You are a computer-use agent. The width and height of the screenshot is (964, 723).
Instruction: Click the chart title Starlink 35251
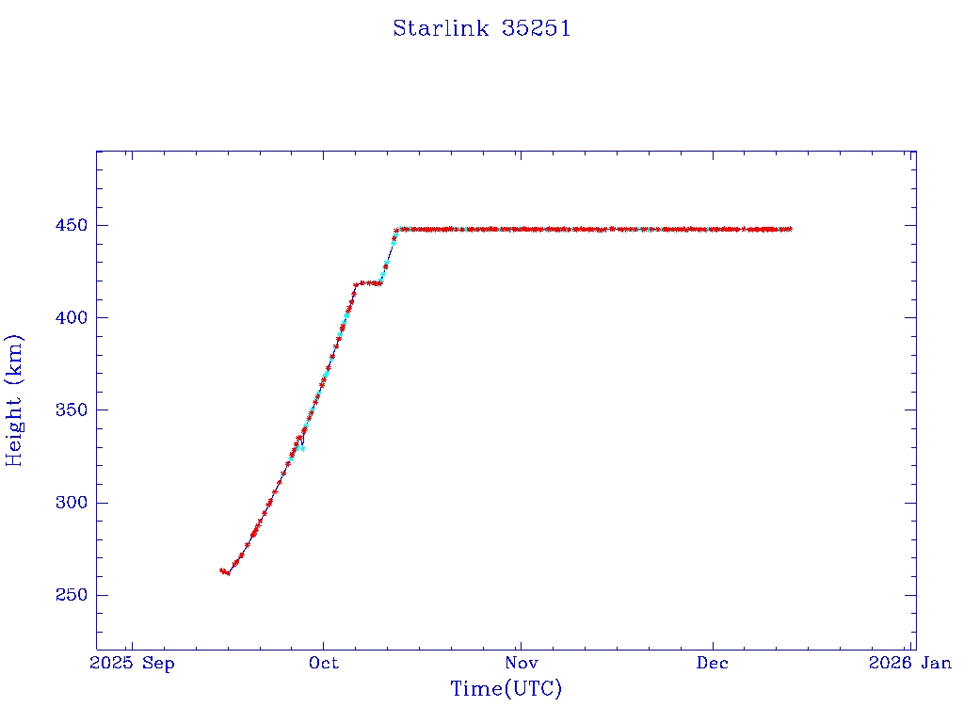[x=482, y=28]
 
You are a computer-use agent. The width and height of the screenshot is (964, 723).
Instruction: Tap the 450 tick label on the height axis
[x=72, y=226]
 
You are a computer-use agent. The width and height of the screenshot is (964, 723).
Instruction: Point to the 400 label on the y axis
[x=72, y=318]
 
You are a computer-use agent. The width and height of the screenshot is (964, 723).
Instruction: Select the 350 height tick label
[x=72, y=410]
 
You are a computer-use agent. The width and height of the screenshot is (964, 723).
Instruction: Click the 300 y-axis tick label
[x=72, y=503]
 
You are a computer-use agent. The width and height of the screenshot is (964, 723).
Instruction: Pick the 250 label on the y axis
[x=72, y=595]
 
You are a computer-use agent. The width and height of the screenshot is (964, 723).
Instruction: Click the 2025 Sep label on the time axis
[x=132, y=664]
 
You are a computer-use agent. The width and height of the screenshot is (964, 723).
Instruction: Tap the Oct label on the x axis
[x=324, y=664]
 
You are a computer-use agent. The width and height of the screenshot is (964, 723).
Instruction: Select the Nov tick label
[x=520, y=664]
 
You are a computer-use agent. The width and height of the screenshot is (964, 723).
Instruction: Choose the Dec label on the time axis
[x=713, y=664]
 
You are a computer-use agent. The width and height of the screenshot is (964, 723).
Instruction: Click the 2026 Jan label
[x=909, y=664]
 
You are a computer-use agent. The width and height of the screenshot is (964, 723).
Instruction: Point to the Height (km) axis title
[x=15, y=400]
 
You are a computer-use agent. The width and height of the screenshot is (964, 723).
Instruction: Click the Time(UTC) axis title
[x=506, y=690]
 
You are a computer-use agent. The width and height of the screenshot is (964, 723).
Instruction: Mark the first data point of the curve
[x=221, y=570]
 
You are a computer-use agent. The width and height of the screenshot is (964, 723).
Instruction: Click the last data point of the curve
[x=790, y=229]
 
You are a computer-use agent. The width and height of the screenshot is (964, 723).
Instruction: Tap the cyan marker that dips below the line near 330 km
[x=301, y=448]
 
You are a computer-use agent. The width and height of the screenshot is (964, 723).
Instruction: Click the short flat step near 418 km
[x=368, y=282]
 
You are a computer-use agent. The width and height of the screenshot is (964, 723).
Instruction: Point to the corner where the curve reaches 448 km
[x=398, y=229]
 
